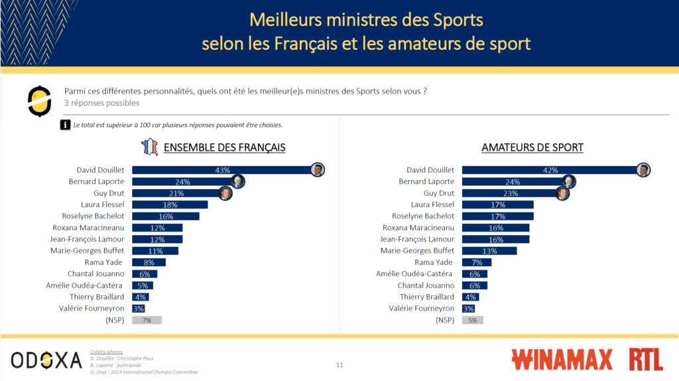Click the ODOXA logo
pos(46,360)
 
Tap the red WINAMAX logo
pos(562,360)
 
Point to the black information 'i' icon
pos(66,124)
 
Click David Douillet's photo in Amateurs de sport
pos(643,170)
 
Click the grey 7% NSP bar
pos(147,320)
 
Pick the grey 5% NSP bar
pos(472,320)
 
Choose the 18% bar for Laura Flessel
pos(170,204)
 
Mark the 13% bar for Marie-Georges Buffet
pos(489,250)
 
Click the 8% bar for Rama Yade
pos(149,262)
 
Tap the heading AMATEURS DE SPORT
pos(532,147)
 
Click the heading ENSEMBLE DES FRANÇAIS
pos(224,147)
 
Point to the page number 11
pos(339,364)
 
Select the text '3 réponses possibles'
pos(101,103)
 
